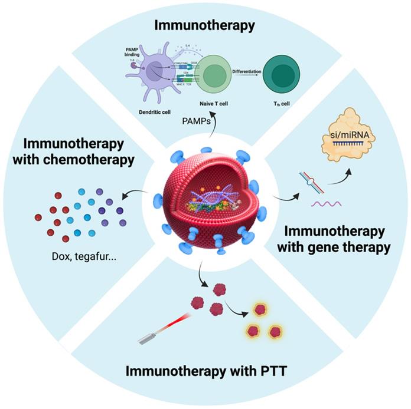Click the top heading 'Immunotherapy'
pyautogui.click(x=204, y=25)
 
